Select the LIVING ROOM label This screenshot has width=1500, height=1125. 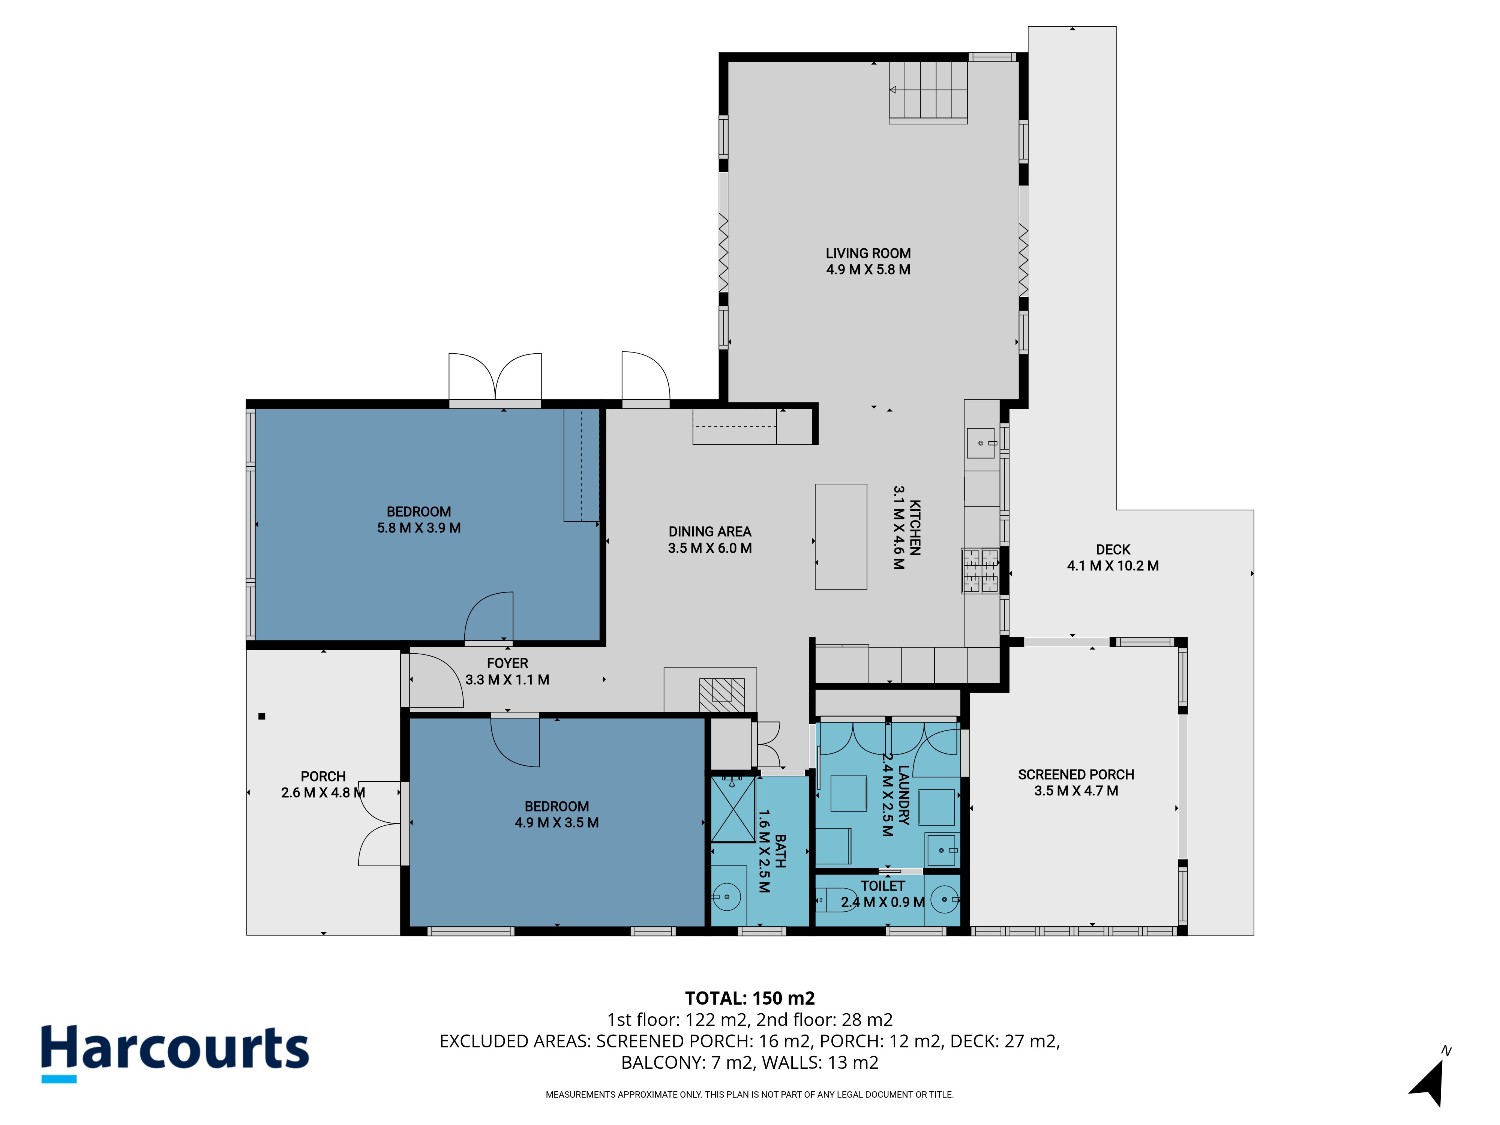[x=868, y=253]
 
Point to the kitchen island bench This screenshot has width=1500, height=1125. [x=841, y=536]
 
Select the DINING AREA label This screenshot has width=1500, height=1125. [x=710, y=532]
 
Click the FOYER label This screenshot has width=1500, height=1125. [x=507, y=663]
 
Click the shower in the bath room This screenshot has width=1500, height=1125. [x=733, y=810]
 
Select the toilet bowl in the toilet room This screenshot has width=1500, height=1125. [x=835, y=900]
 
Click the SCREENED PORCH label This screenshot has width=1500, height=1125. [x=1076, y=774]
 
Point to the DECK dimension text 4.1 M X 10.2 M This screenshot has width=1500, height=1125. [x=1113, y=565]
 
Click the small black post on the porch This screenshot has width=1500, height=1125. [x=262, y=716]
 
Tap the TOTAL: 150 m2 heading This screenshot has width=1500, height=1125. [x=750, y=998]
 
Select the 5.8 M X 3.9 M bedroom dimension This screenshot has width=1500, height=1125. [x=419, y=528]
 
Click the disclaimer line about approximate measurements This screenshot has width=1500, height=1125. [x=750, y=1095]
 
